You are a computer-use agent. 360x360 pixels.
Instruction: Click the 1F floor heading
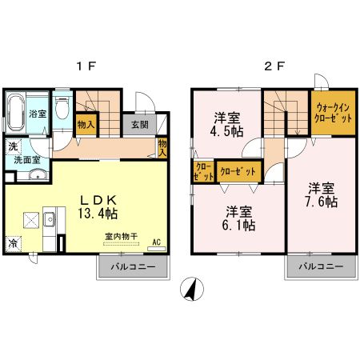pyautogui.click(x=89, y=67)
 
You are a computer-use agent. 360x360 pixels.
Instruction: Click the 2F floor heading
pyautogui.click(x=274, y=67)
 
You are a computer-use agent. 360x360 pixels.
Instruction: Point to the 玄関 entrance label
pyautogui.click(x=140, y=124)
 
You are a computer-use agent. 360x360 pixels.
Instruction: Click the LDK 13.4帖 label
pyautogui.click(x=97, y=206)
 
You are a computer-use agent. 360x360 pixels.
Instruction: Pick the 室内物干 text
pyautogui.click(x=121, y=237)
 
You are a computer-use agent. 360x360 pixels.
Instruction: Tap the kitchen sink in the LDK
pyautogui.click(x=50, y=218)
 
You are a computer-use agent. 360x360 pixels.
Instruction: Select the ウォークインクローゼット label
pyautogui.click(x=331, y=112)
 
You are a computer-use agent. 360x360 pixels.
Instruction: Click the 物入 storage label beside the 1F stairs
pyautogui.click(x=86, y=124)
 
